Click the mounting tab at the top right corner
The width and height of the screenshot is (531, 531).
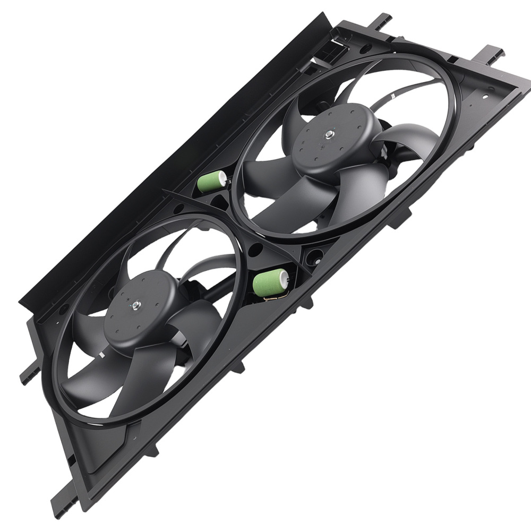click(x=493, y=55)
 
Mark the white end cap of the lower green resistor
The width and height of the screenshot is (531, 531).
click(x=283, y=275)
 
